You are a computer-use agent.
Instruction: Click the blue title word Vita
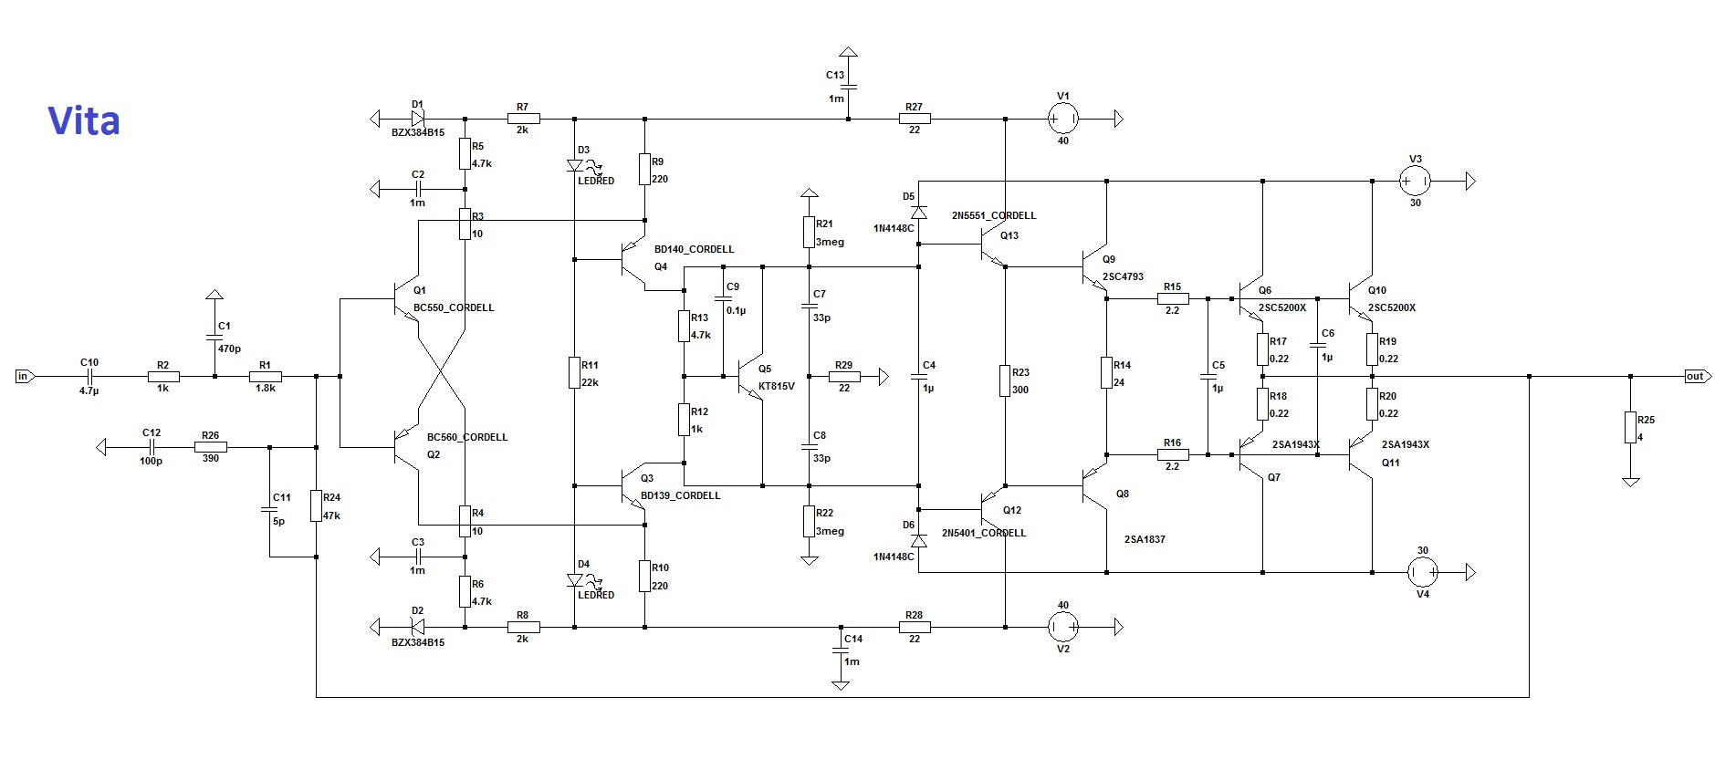(x=83, y=121)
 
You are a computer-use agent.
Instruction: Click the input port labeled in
(x=24, y=376)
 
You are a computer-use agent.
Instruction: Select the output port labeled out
(x=1694, y=376)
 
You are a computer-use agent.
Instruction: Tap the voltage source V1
(x=1062, y=119)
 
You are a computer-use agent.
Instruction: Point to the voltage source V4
(x=1422, y=572)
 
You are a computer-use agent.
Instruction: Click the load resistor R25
(x=1630, y=427)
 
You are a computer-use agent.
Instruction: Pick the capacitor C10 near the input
(x=89, y=376)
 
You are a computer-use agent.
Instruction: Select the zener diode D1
(x=417, y=119)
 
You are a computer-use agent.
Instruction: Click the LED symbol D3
(x=575, y=166)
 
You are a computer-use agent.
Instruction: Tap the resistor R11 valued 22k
(x=575, y=372)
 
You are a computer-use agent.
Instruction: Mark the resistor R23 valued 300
(x=1005, y=380)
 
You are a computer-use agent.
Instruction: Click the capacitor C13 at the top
(x=848, y=87)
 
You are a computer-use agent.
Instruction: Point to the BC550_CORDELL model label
(x=454, y=307)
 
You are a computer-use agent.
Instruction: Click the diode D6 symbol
(x=918, y=541)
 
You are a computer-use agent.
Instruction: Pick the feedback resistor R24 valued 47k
(x=316, y=505)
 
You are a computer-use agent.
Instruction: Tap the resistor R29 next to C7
(x=843, y=376)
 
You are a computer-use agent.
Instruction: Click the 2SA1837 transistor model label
(x=1145, y=539)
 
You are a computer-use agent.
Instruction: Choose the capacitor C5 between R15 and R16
(x=1208, y=376)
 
